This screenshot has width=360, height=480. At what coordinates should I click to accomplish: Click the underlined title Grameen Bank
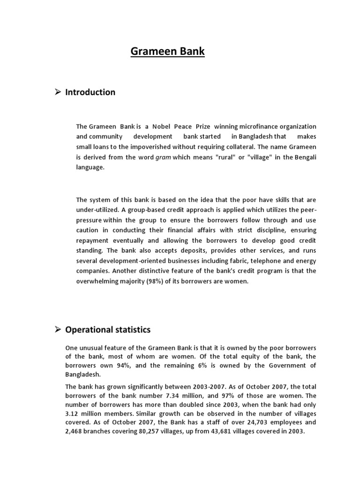click(x=167, y=51)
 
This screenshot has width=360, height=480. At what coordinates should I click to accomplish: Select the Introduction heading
click(x=90, y=92)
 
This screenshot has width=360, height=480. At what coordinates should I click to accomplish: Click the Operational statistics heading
click(x=108, y=330)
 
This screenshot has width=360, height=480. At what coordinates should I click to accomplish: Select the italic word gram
click(x=163, y=157)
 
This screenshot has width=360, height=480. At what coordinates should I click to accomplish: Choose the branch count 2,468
click(x=74, y=432)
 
